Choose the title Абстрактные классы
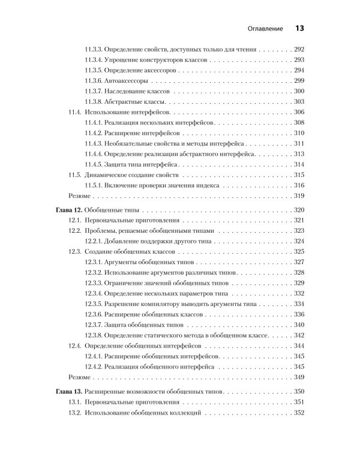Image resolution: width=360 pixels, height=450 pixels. pos(133,101)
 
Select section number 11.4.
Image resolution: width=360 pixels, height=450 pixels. pos(76,112)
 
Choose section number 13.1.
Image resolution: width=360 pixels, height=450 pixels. pos(76,401)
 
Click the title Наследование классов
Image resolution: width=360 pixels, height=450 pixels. pos(136,91)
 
